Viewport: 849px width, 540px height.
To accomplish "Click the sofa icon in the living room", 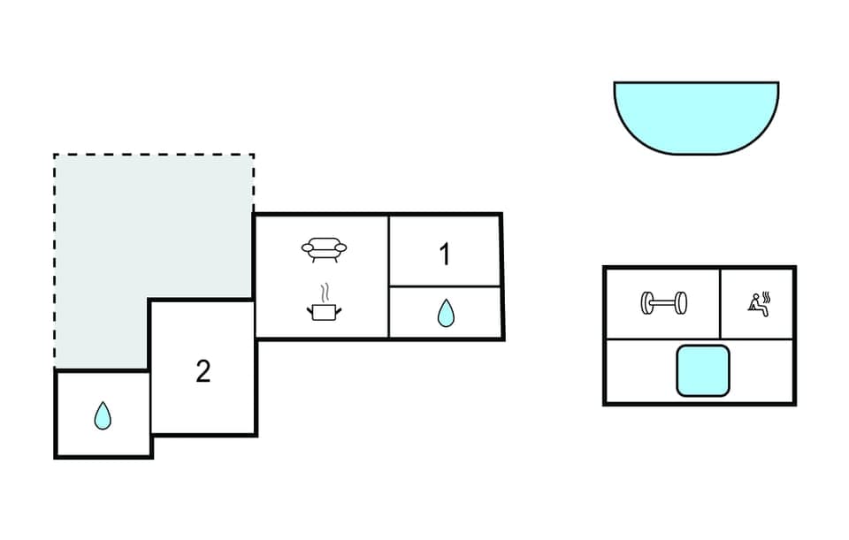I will [324, 249].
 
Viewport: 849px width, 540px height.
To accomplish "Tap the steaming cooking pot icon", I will [324, 310].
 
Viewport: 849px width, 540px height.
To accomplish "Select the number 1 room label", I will [445, 255].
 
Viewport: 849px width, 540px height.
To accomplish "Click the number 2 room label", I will [203, 372].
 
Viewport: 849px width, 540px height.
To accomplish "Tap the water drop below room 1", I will [446, 314].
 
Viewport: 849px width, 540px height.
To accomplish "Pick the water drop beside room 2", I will [103, 415].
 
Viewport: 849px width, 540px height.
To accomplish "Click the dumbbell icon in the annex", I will [663, 304].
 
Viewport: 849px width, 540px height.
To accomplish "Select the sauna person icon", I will [756, 306].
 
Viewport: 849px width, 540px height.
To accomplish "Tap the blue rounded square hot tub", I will [703, 371].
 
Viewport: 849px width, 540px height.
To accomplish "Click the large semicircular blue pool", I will [696, 115].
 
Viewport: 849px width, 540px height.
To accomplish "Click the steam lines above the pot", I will [325, 293].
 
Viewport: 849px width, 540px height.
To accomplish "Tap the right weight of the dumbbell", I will [682, 304].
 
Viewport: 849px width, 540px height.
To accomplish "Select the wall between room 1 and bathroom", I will [445, 286].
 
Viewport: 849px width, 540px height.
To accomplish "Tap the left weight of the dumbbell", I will [646, 304].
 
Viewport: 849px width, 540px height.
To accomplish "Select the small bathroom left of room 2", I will [103, 414].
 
